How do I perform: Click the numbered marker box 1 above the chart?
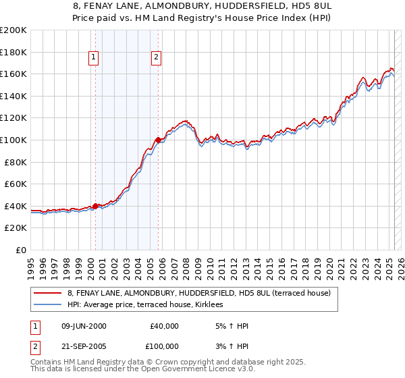[92, 58]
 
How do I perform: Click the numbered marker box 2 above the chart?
[156, 58]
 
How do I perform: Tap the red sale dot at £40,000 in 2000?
[95, 206]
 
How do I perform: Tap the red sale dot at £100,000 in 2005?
[158, 140]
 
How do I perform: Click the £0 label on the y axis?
[21, 250]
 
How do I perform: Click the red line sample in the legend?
[47, 294]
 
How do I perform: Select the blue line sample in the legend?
[47, 305]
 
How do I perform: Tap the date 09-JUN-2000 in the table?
[83, 326]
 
